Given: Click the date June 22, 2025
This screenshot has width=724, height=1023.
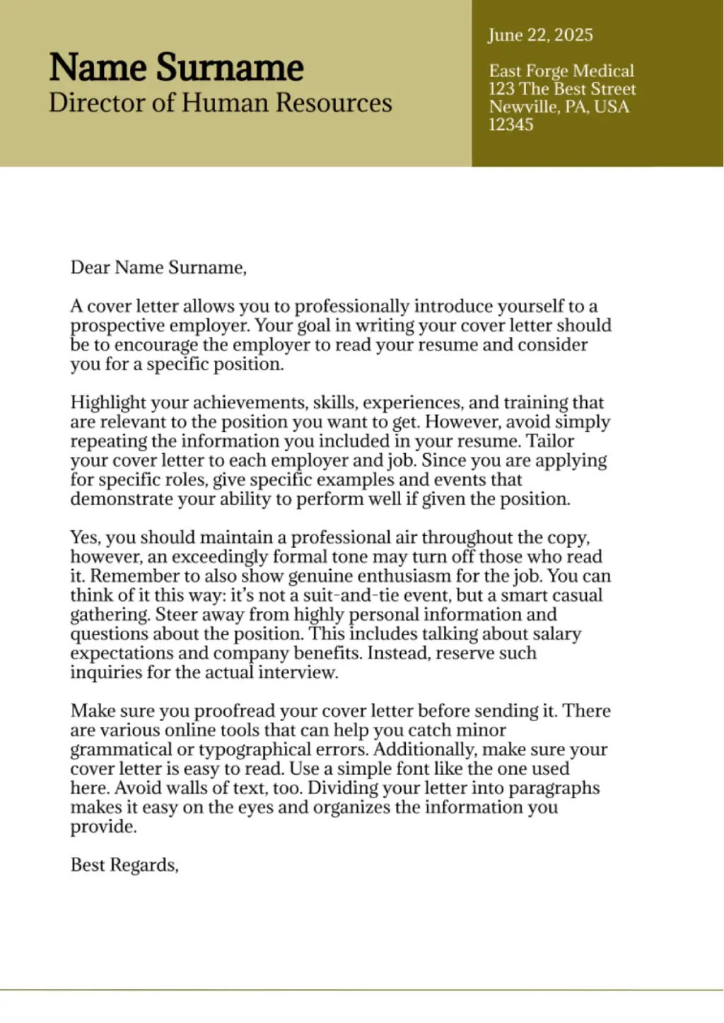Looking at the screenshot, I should (x=540, y=35).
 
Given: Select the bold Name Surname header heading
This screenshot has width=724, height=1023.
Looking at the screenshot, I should (x=176, y=68).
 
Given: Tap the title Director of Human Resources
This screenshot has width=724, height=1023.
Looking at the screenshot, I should (x=220, y=103).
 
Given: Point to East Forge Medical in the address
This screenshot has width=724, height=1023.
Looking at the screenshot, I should (x=561, y=71).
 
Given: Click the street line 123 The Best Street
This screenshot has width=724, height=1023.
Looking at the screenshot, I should (x=562, y=89).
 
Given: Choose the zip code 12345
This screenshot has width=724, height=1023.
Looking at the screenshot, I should (x=510, y=124).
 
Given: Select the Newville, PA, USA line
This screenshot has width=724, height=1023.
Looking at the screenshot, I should (x=559, y=107).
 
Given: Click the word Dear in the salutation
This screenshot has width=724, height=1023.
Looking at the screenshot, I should (x=90, y=267).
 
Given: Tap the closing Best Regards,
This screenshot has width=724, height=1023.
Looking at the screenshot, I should (x=124, y=865).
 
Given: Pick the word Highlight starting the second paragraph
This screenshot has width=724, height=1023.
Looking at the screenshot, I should (x=107, y=402).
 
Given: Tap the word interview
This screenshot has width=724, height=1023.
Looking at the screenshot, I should (x=298, y=672).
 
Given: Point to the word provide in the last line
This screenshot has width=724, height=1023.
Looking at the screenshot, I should (x=103, y=826).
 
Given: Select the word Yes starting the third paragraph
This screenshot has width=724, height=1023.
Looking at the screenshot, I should (x=85, y=537).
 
